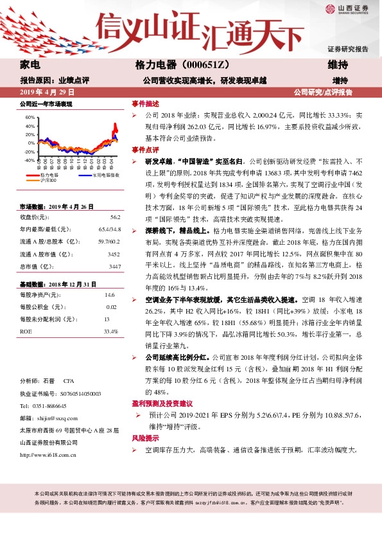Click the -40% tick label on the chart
[30, 160]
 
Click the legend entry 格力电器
[49, 175]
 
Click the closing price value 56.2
[115, 217]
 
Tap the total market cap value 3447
[114, 266]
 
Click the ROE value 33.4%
[110, 332]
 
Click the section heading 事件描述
[145, 103]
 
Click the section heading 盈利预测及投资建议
[163, 404]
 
